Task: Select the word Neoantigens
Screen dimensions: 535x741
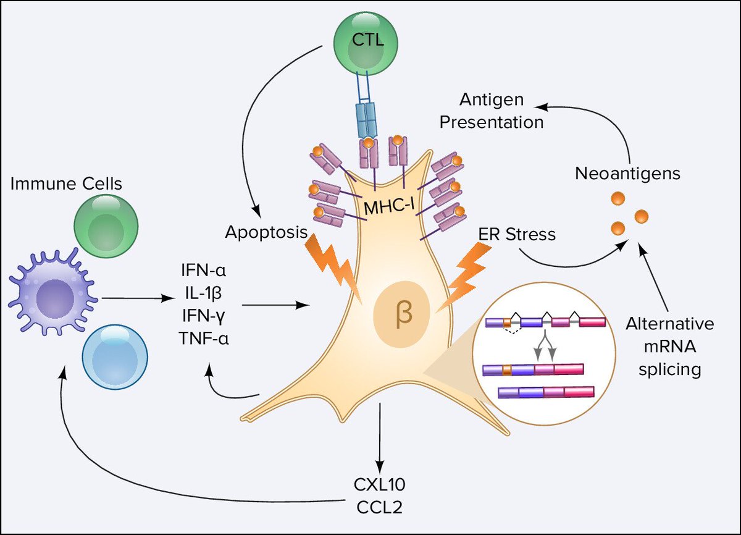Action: (x=627, y=174)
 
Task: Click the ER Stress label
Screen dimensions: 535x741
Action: (x=516, y=234)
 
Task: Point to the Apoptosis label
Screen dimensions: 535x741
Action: (x=266, y=232)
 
